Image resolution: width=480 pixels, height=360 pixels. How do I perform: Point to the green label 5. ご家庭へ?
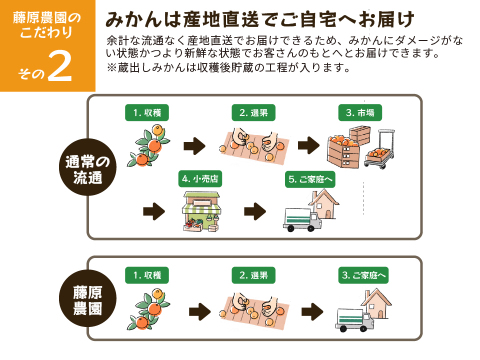point(310,179)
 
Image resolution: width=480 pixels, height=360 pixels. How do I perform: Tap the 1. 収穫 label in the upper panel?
point(147,112)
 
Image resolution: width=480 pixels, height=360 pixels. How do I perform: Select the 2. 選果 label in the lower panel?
point(254,273)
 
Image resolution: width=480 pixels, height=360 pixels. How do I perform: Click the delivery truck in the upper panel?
point(302,219)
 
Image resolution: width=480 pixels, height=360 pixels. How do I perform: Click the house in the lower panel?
point(377,301)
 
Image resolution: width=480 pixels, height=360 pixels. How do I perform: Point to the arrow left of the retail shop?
point(153,211)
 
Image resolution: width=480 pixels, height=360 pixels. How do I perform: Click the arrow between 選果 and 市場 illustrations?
point(309,146)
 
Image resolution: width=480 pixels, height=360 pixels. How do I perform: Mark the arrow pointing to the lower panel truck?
point(312,311)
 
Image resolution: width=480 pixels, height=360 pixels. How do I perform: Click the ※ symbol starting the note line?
point(111,68)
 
